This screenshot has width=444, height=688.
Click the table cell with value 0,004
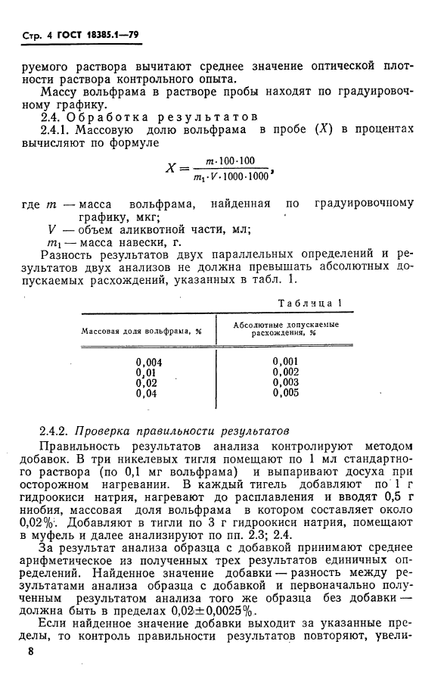[x=149, y=362]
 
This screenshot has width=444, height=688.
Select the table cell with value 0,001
[x=286, y=361]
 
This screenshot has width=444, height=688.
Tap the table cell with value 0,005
[x=286, y=393]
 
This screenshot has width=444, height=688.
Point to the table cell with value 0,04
[x=147, y=394]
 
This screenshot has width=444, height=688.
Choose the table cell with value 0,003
[x=286, y=382]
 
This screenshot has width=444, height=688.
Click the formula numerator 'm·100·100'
[x=230, y=160]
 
